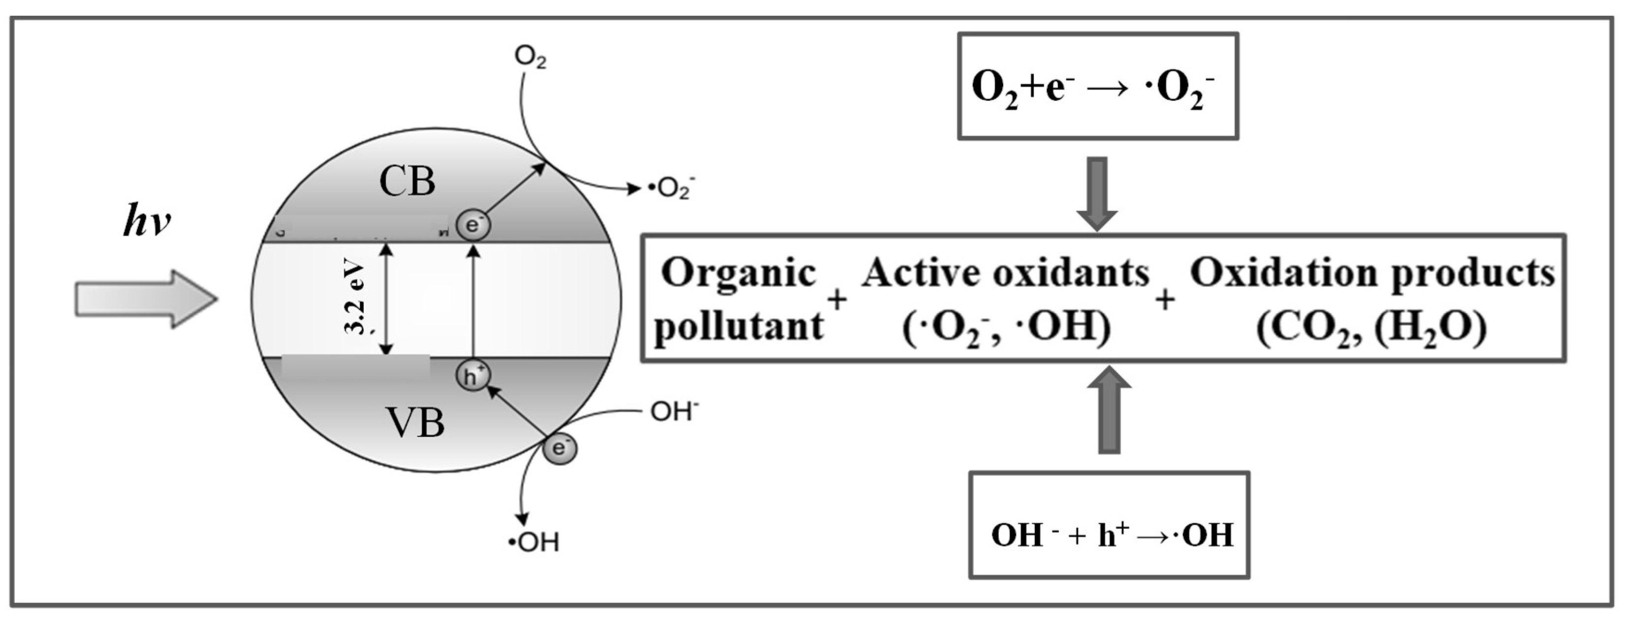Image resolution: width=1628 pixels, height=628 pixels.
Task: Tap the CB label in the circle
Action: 407,182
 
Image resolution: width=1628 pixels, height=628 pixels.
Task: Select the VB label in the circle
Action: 415,423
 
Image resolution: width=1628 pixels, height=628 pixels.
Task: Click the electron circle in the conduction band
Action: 473,225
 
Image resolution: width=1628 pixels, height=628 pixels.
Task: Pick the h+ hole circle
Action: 473,377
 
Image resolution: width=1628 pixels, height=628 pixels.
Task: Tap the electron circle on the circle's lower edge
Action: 559,448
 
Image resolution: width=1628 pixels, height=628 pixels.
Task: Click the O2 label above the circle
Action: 530,58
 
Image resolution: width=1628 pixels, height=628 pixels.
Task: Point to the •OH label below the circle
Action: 534,542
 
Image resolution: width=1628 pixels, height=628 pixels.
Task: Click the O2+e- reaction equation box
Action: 1098,86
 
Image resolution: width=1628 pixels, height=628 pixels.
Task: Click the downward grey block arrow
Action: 1097,193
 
